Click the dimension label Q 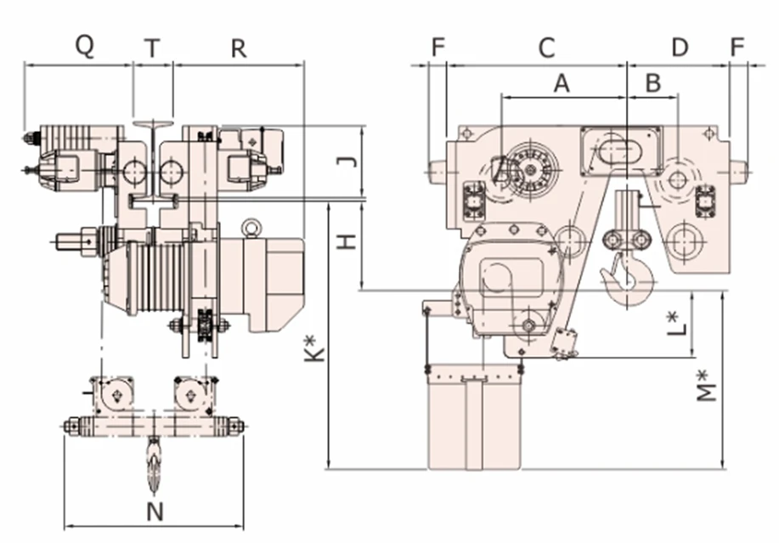[84, 46]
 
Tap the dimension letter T [151, 48]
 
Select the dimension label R [239, 48]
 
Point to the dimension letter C [547, 48]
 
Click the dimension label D [680, 48]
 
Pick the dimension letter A [561, 83]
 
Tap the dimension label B [653, 83]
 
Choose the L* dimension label [675, 324]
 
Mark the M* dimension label [705, 387]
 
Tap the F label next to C [437, 48]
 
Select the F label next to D [737, 48]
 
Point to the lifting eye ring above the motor [251, 228]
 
